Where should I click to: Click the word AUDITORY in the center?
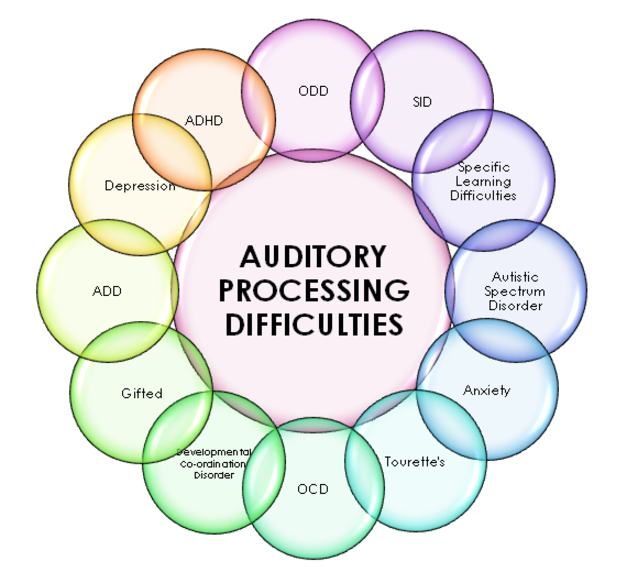click(313, 256)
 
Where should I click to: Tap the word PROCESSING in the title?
click(313, 290)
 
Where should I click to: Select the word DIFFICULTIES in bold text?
click(314, 324)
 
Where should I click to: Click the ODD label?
click(313, 91)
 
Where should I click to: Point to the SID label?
click(422, 102)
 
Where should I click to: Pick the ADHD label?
click(204, 121)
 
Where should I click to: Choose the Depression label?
click(140, 185)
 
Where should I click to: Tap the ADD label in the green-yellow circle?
click(107, 291)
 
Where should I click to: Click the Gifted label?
click(142, 393)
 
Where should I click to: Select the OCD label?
click(313, 489)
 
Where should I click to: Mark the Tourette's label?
click(415, 462)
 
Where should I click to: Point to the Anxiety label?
click(486, 390)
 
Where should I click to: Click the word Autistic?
click(515, 277)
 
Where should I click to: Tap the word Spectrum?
click(515, 291)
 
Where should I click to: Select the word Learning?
click(483, 181)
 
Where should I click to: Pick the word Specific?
click(484, 167)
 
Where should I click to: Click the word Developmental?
click(214, 452)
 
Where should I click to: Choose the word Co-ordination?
click(213, 463)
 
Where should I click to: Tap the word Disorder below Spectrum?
click(516, 305)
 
